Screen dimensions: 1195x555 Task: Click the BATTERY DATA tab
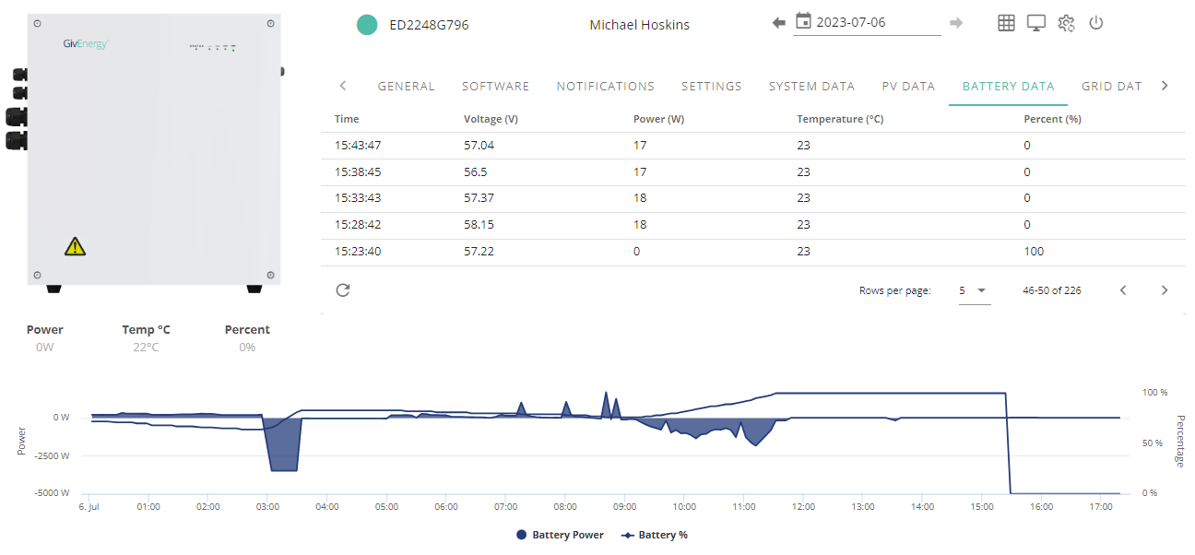(1008, 87)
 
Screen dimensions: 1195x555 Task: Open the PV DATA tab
(908, 87)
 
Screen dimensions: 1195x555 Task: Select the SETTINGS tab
(711, 87)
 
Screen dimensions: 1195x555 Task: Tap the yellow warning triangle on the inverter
(76, 246)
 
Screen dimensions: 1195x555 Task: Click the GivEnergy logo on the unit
(86, 43)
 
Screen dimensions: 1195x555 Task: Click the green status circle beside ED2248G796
(367, 25)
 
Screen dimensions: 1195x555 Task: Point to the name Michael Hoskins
(639, 25)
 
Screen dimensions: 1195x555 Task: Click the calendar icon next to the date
(803, 21)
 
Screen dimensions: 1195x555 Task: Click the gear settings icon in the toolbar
(1066, 23)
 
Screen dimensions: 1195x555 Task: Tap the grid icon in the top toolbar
(1006, 23)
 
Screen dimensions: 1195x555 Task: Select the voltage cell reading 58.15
(479, 225)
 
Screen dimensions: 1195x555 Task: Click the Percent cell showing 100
(1034, 252)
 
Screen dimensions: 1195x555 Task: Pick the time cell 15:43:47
(358, 145)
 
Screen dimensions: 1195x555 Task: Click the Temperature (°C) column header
(840, 119)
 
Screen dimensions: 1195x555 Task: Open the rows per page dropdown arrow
(981, 290)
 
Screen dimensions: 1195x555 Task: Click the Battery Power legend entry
(561, 535)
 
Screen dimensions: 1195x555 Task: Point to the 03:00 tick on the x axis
(267, 506)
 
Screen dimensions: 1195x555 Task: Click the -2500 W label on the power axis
(52, 455)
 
